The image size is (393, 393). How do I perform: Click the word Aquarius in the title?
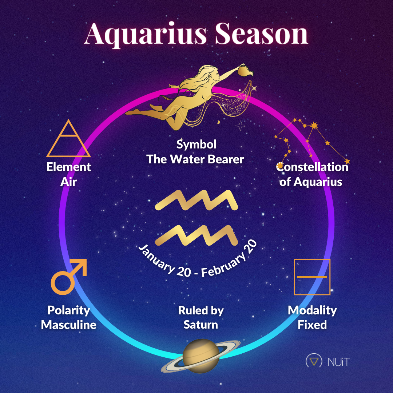[x=146, y=34]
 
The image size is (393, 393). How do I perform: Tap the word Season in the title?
[x=261, y=34]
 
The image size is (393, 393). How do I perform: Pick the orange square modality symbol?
[x=312, y=277]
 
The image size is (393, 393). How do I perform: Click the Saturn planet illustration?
[x=201, y=356]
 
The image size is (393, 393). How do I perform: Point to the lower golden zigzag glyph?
[x=196, y=235]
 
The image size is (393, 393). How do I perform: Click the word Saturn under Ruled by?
[x=201, y=324]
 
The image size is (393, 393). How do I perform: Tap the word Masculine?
[x=68, y=325]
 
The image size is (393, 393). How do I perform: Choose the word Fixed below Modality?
[x=312, y=325]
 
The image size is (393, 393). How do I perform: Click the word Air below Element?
[x=68, y=181]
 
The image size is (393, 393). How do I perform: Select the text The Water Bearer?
[x=195, y=159]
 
